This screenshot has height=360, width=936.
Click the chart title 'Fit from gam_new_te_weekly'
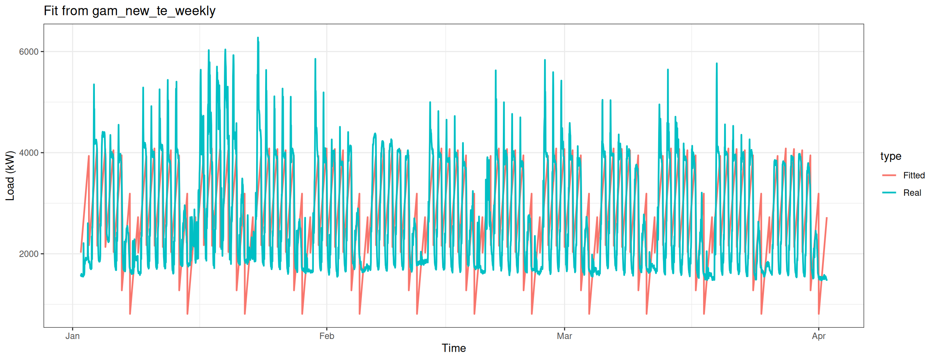[x=129, y=11]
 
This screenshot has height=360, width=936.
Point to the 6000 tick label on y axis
[x=29, y=52]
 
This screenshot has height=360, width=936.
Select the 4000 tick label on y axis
[x=29, y=153]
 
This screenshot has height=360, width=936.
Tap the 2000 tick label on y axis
[x=29, y=254]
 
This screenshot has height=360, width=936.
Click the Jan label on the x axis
[x=72, y=336]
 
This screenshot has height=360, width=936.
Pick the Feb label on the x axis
[x=327, y=336]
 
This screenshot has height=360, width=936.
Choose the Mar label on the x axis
[x=564, y=336]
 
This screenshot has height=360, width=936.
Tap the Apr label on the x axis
[x=819, y=336]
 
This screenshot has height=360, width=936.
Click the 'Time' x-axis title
[x=454, y=348]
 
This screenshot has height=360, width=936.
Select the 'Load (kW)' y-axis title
[x=10, y=175]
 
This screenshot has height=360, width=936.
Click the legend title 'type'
[x=891, y=156]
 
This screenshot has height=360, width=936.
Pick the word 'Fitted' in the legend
[x=914, y=175]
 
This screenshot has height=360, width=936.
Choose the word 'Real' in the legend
[x=912, y=193]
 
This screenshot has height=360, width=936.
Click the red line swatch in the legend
[x=889, y=175]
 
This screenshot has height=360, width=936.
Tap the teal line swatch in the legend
[x=889, y=193]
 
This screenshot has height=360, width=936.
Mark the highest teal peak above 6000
[x=258, y=38]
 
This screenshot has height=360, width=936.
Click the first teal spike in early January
[x=94, y=85]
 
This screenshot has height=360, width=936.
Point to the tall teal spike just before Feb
[x=315, y=59]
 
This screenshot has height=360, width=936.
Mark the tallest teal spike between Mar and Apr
[x=717, y=64]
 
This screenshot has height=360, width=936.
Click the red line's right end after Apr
[x=827, y=218]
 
